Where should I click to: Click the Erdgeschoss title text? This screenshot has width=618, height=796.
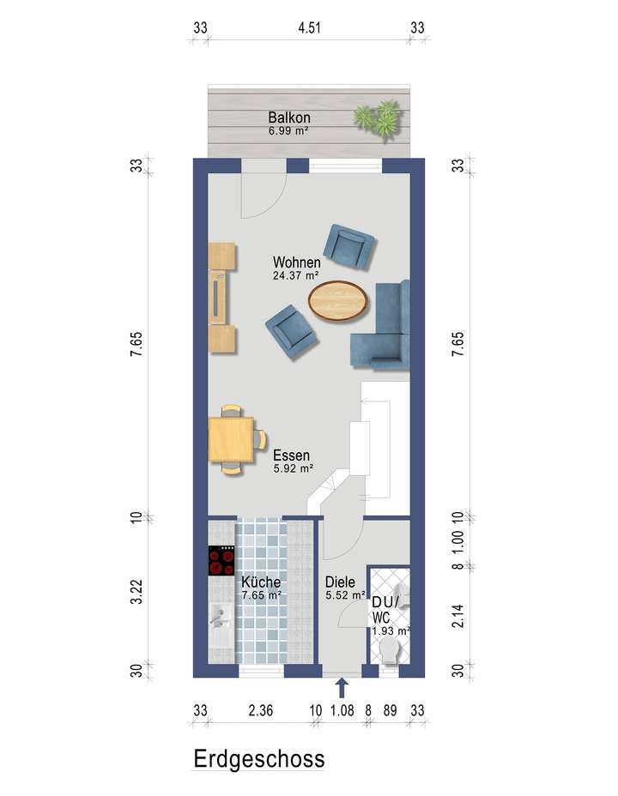coord(258,758)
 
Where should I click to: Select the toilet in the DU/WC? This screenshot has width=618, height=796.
coord(392,649)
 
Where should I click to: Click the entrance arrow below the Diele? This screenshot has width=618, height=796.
coord(342,687)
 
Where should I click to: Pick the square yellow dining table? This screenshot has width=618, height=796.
coord(230,438)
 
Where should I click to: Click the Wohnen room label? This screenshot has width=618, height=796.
coord(297,262)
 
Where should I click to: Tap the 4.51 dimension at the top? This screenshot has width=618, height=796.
coord(309,27)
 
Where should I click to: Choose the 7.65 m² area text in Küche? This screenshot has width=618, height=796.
coord(262,594)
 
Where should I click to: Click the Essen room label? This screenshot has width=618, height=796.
coord(292,456)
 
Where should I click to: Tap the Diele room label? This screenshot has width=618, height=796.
coord(339,581)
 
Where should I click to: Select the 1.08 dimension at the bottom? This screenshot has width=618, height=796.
coord(342,709)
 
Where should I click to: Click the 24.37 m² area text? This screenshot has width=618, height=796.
coord(296,275)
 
